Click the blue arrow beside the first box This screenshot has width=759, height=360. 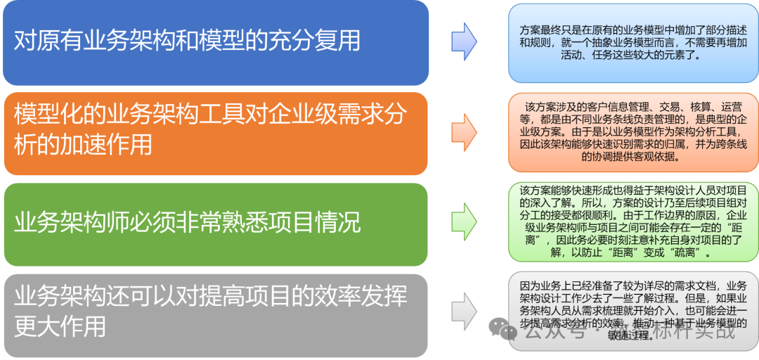(x=464, y=41)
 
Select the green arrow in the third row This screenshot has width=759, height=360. (x=464, y=219)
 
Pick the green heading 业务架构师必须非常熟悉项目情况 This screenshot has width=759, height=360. (x=187, y=223)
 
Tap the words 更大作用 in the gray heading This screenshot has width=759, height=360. (x=60, y=326)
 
